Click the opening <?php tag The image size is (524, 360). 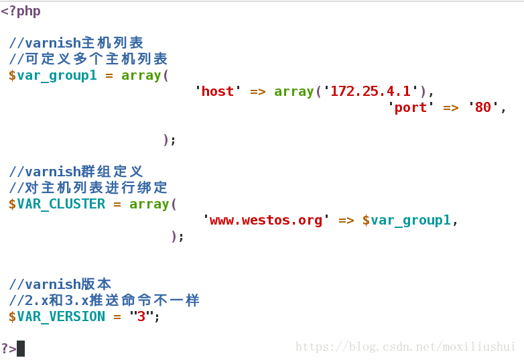pyautogui.click(x=21, y=11)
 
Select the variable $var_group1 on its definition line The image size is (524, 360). pyautogui.click(x=52, y=75)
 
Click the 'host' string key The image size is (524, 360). pyautogui.click(x=218, y=91)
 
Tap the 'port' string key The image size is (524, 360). pyautogui.click(x=411, y=107)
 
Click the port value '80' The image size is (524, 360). pyautogui.click(x=482, y=107)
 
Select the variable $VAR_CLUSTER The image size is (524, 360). pyautogui.click(x=57, y=204)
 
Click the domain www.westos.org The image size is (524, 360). pyautogui.click(x=266, y=220)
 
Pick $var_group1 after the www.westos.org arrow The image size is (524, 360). pyautogui.click(x=406, y=220)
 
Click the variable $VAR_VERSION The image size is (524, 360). pyautogui.click(x=57, y=316)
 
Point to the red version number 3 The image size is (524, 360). pyautogui.click(x=141, y=316)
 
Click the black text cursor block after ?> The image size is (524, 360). pyautogui.click(x=21, y=348)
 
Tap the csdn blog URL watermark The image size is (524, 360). pyautogui.click(x=405, y=347)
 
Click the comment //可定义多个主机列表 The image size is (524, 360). pyautogui.click(x=88, y=59)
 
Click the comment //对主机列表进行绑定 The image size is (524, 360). pyautogui.click(x=88, y=188)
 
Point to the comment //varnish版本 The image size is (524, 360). pyautogui.click(x=60, y=284)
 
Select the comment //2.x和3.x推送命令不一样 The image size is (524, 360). pyautogui.click(x=104, y=300)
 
